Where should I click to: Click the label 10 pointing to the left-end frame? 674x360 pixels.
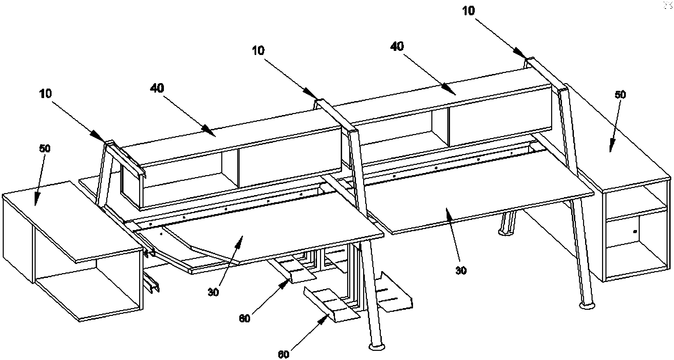[45, 94]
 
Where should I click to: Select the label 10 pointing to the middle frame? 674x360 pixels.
[258, 51]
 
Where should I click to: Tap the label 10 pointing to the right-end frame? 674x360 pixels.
[469, 11]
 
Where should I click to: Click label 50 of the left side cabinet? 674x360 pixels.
[44, 149]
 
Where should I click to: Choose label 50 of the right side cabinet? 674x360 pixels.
[620, 95]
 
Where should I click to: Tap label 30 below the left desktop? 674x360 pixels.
[213, 292]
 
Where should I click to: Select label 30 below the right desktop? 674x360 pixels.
[461, 270]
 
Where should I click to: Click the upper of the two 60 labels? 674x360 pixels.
[244, 318]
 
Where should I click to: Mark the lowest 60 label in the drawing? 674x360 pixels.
[283, 355]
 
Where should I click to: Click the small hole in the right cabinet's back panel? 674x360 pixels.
[635, 232]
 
